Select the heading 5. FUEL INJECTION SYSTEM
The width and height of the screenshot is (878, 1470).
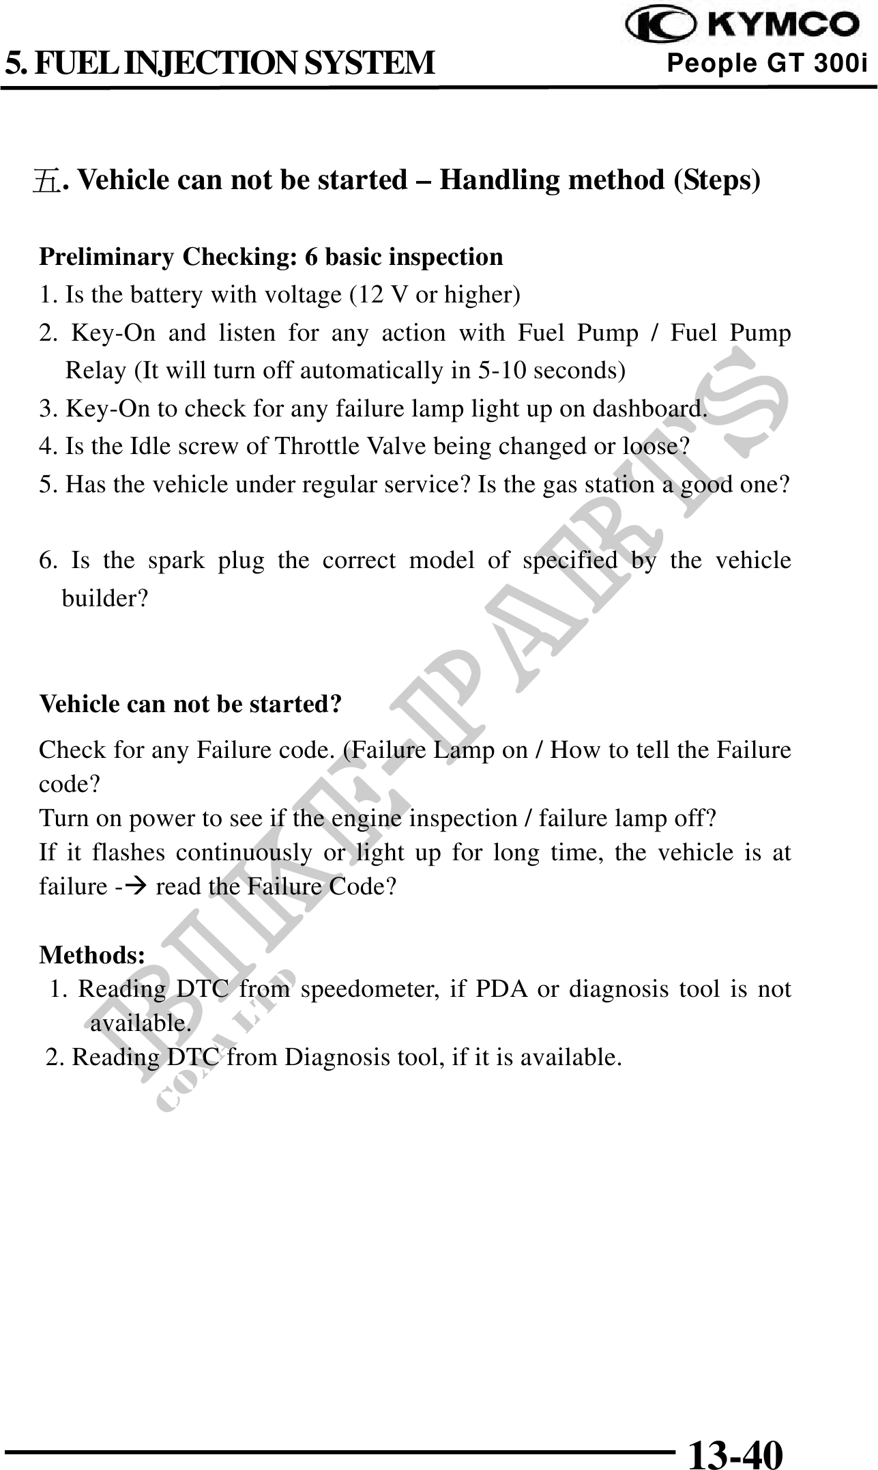click(220, 63)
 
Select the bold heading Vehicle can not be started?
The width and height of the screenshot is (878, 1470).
click(191, 704)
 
